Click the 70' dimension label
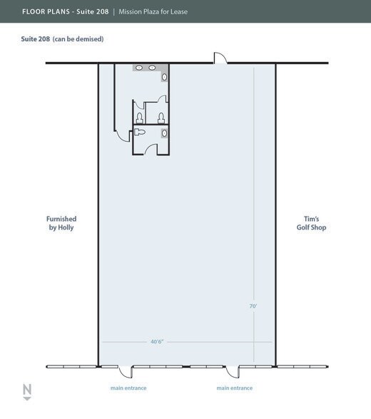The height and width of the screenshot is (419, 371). [253, 306]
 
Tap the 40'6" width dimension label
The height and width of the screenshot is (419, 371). [157, 341]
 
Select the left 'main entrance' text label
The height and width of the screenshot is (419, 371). [128, 388]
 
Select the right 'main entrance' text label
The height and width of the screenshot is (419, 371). [234, 388]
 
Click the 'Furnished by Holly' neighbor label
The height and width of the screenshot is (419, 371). [61, 223]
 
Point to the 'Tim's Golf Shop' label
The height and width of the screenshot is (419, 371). [311, 223]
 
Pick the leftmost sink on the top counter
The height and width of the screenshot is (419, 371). [138, 68]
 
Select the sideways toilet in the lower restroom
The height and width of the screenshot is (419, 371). [139, 132]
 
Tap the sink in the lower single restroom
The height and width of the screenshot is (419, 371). [164, 133]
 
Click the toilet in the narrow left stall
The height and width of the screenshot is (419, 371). [139, 118]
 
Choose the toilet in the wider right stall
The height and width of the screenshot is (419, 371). [161, 118]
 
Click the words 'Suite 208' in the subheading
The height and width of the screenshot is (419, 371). [35, 38]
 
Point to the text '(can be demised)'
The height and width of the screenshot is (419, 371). [78, 39]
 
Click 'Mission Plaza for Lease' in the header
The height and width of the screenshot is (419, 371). [153, 11]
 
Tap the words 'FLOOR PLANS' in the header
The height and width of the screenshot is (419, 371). [46, 11]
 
